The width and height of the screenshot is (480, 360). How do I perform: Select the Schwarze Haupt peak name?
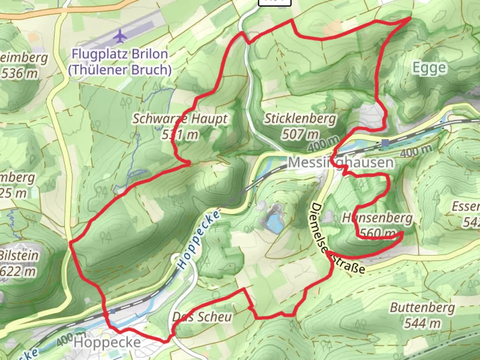[180, 119]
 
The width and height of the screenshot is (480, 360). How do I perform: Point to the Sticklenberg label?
[300, 119]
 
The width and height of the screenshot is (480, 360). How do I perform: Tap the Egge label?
[429, 68]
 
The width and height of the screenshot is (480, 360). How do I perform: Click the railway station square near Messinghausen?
[386, 143]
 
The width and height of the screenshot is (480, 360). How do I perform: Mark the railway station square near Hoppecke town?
[113, 311]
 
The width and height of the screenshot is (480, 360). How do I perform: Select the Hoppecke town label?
[107, 342]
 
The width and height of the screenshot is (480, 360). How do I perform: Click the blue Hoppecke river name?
[199, 240]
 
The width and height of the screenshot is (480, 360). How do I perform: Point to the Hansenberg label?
[377, 218]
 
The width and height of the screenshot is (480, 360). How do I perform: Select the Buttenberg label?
[422, 307]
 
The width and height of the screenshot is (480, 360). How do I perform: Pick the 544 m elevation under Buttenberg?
[422, 323]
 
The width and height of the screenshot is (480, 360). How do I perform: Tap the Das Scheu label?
[202, 317]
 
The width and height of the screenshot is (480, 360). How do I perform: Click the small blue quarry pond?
[274, 221]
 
